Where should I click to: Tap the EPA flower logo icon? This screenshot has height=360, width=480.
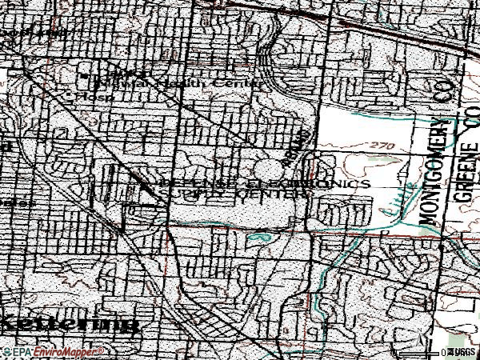coord(6,351)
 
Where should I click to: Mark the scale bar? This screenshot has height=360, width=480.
coord(420,352)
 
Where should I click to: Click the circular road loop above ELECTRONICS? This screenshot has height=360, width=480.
coord(270,170)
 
